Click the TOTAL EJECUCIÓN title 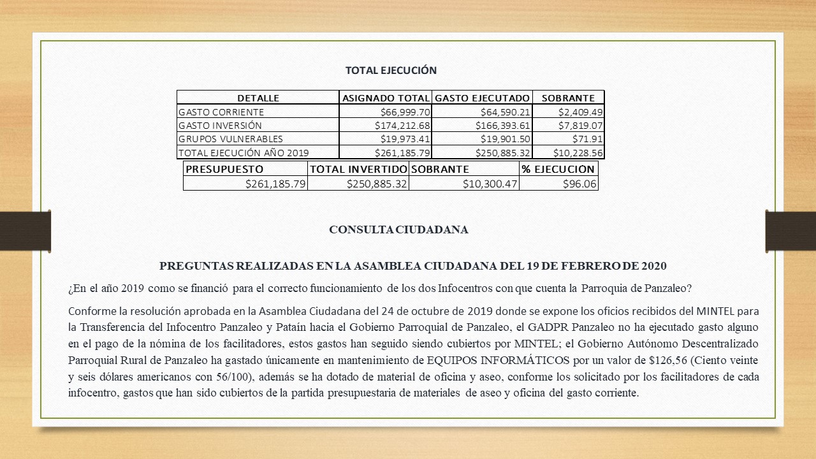(391, 70)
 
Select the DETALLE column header (258, 98)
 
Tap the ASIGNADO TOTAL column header (386, 98)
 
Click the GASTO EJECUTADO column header (482, 98)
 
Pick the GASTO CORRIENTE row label (212, 112)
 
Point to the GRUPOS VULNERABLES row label (231, 139)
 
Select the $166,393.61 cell (503, 126)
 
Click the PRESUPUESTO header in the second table (224, 169)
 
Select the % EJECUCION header (558, 169)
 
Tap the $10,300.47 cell (490, 184)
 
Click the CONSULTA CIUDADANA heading (398, 229)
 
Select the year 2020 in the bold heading (654, 265)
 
